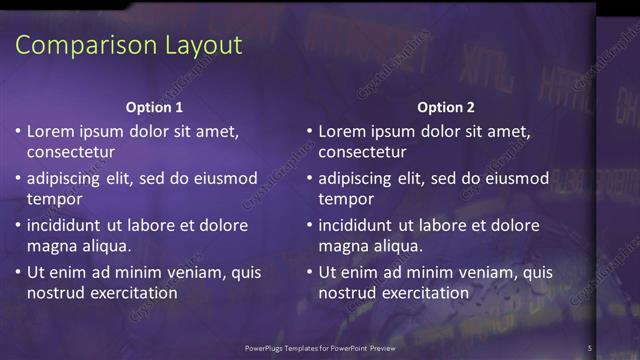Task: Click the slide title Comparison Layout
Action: pos(130,45)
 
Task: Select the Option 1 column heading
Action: pos(154,107)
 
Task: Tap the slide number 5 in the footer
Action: pos(590,347)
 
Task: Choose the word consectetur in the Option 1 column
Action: pos(71,152)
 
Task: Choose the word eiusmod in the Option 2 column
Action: pos(516,179)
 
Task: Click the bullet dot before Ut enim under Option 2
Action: pos(310,272)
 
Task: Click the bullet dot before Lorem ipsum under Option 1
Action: pos(18,131)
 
